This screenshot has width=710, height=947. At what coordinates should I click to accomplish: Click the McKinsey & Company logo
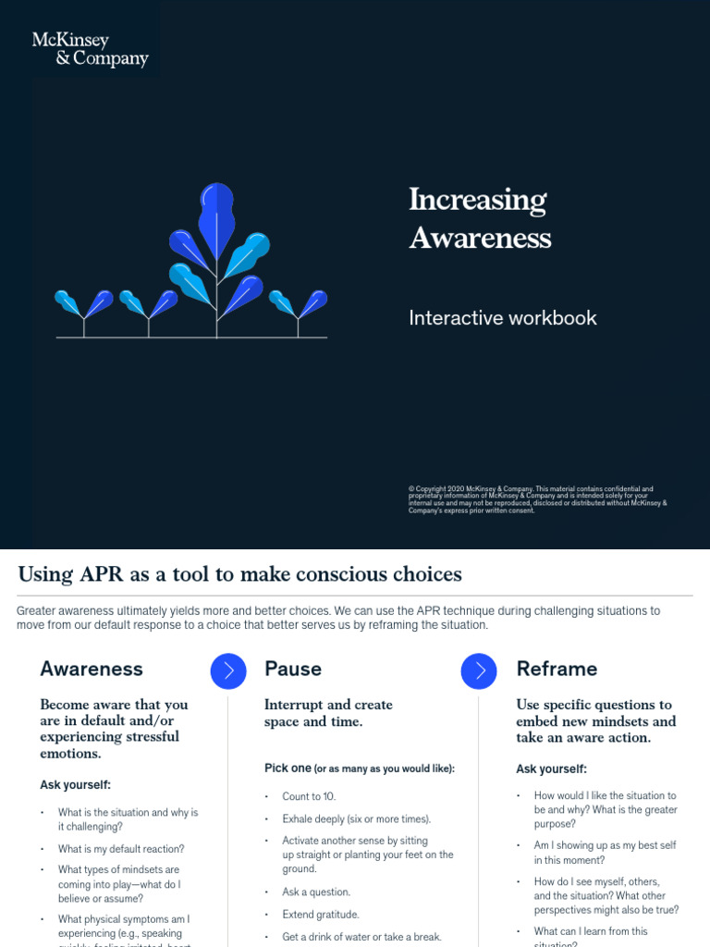[90, 49]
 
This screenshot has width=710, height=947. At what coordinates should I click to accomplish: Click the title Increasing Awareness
[479, 218]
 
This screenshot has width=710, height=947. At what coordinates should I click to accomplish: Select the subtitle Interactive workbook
[503, 318]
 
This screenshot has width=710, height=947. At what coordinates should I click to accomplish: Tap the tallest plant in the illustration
[217, 259]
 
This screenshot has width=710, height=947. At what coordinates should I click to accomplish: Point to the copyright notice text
[536, 499]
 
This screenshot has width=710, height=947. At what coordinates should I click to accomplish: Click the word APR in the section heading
[101, 574]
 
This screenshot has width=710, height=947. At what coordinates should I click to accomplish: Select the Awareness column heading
[92, 669]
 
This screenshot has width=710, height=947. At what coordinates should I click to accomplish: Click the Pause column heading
[293, 669]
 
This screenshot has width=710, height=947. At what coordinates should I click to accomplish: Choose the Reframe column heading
[557, 669]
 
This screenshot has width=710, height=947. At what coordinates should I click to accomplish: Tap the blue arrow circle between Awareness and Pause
[228, 671]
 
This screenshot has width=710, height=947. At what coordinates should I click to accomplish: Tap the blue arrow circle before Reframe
[479, 671]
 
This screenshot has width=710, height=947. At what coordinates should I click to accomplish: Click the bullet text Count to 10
[309, 796]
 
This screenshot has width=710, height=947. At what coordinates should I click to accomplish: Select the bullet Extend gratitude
[321, 915]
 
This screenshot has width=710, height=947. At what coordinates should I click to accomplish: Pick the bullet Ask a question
[316, 892]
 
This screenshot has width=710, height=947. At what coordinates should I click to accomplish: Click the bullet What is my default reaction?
[121, 849]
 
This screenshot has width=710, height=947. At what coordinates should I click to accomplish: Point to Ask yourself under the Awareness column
[75, 785]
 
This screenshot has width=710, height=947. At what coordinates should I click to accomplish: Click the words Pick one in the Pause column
[288, 769]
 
